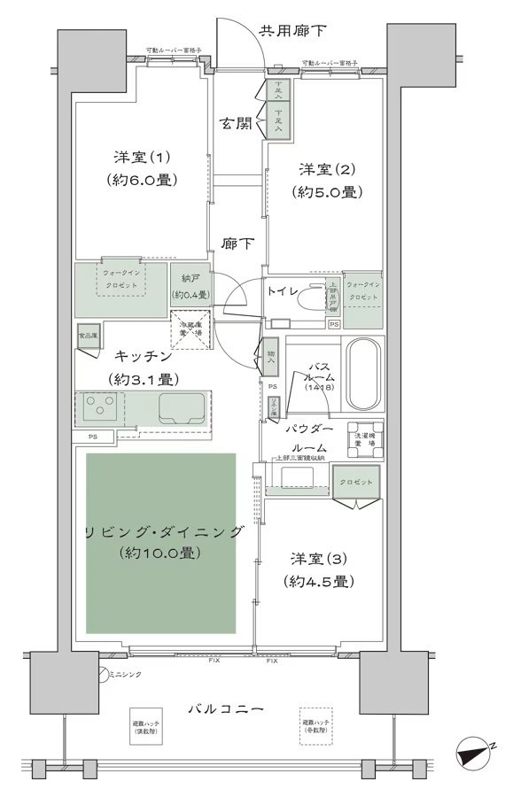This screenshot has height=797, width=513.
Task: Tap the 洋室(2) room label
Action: coord(326,169)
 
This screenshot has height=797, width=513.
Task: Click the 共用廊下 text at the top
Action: coord(292,32)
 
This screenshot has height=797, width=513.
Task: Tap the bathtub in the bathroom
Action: coord(362,375)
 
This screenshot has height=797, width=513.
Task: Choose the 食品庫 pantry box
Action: coord(87,337)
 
